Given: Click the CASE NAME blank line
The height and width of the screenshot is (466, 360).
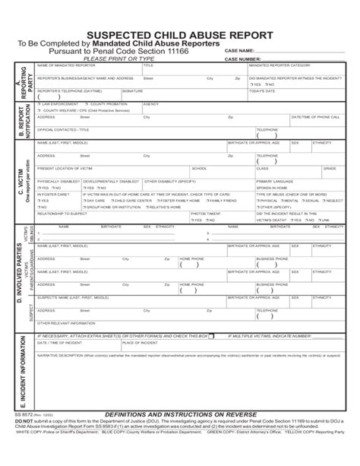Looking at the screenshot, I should pos(305,50).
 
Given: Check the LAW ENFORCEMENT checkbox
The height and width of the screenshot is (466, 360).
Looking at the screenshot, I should pos(39,103).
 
